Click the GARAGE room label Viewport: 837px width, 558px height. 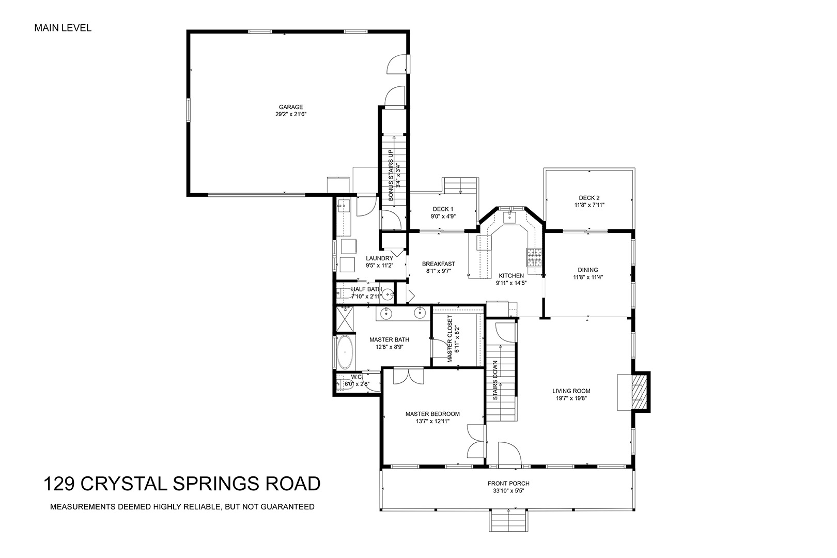click(291, 107)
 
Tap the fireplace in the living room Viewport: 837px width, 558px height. click(634, 393)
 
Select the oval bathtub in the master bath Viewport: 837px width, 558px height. click(345, 352)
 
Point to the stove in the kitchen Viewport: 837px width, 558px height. click(534, 257)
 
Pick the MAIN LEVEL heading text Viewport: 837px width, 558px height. click(63, 28)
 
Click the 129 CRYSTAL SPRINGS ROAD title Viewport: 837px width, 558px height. click(182, 483)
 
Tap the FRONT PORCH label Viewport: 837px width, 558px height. click(508, 483)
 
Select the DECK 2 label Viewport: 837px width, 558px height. click(590, 198)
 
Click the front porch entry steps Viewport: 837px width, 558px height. click(508, 521)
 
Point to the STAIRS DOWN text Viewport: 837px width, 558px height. click(495, 380)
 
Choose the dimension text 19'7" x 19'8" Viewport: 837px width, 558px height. click(571, 398)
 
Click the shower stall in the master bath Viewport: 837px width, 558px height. click(345, 319)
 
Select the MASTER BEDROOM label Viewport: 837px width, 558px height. click(432, 414)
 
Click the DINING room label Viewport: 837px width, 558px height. click(588, 270)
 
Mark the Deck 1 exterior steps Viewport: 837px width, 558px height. click(460, 186)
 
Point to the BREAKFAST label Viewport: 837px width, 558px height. click(439, 264)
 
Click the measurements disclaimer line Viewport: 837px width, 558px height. click(182, 507)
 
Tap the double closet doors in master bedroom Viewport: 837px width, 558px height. click(408, 376)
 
